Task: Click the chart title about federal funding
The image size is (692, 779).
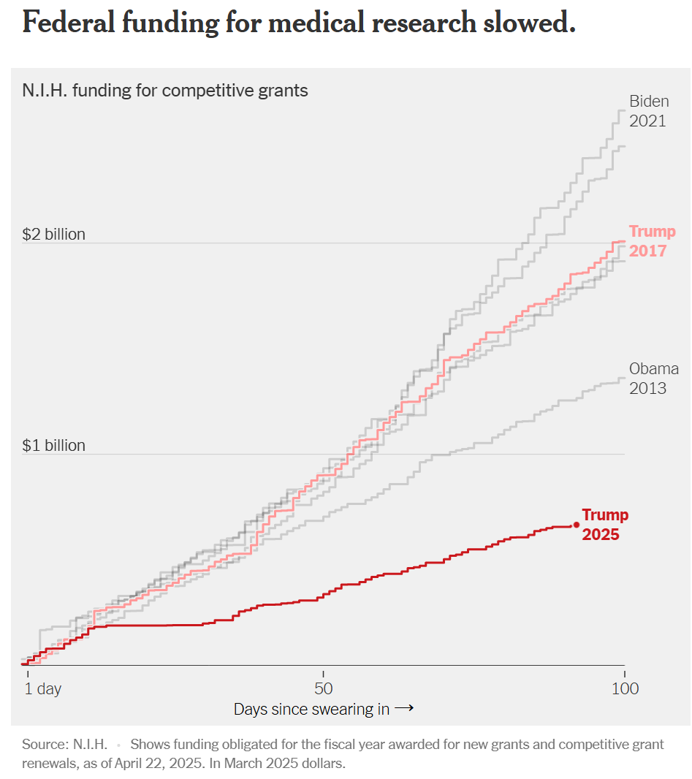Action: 299,23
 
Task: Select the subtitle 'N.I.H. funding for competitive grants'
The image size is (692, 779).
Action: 165,91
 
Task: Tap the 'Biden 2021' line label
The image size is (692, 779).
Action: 648,111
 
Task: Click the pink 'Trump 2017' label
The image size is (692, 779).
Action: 652,241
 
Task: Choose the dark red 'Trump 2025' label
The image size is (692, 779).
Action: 604,525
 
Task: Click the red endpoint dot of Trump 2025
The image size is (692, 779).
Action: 576,525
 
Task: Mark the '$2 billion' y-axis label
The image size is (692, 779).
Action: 54,235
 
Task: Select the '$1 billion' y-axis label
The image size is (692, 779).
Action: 54,445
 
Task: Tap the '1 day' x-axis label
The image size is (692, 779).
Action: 44,688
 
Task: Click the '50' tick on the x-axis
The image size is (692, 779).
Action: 324,688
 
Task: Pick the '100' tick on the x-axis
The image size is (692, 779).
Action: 625,688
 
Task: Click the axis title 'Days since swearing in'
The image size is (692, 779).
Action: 311,709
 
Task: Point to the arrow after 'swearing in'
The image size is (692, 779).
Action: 405,709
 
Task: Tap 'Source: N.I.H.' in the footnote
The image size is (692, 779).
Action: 65,745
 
